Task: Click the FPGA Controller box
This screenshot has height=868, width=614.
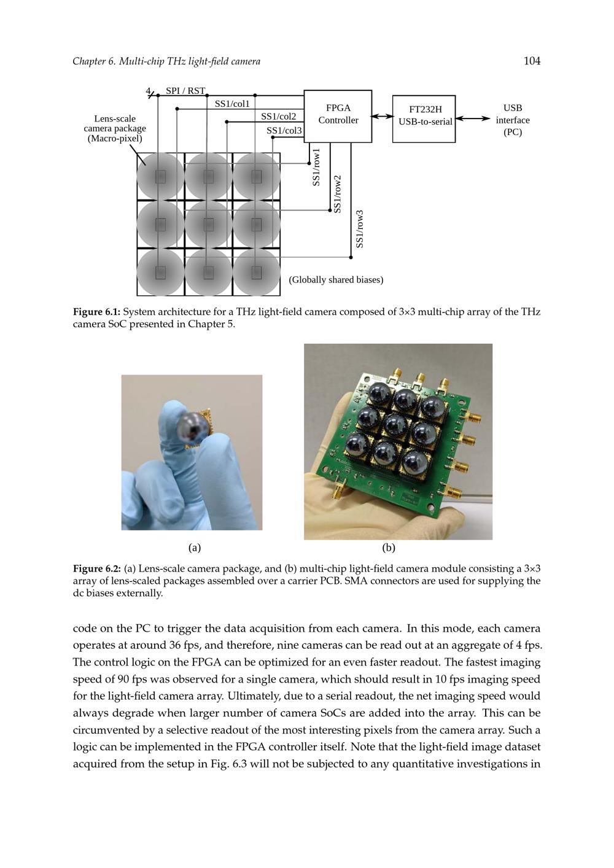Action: click(x=338, y=116)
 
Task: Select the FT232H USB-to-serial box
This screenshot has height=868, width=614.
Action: click(x=424, y=118)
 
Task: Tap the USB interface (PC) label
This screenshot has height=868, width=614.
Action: click(x=512, y=120)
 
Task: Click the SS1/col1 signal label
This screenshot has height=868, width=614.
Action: click(x=232, y=104)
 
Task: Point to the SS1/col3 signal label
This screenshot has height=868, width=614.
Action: click(x=284, y=131)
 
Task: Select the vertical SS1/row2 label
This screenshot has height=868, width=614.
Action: click(x=337, y=194)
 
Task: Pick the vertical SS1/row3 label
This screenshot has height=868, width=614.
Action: click(x=360, y=229)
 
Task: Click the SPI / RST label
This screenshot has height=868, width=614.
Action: click(x=185, y=91)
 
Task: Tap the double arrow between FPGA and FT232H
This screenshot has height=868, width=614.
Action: click(x=382, y=116)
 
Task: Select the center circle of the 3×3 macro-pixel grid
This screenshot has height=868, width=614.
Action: click(x=209, y=224)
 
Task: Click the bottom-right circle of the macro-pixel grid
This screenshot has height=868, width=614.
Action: click(x=257, y=272)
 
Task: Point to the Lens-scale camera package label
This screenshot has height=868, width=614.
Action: click(x=115, y=128)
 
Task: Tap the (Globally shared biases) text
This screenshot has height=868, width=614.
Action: click(x=336, y=280)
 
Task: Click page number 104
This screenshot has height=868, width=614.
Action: click(x=532, y=61)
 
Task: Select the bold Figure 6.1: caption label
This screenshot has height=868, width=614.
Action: click(x=96, y=312)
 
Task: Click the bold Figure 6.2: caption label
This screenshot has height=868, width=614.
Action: click(x=96, y=568)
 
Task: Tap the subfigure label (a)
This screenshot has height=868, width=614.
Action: click(x=195, y=548)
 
